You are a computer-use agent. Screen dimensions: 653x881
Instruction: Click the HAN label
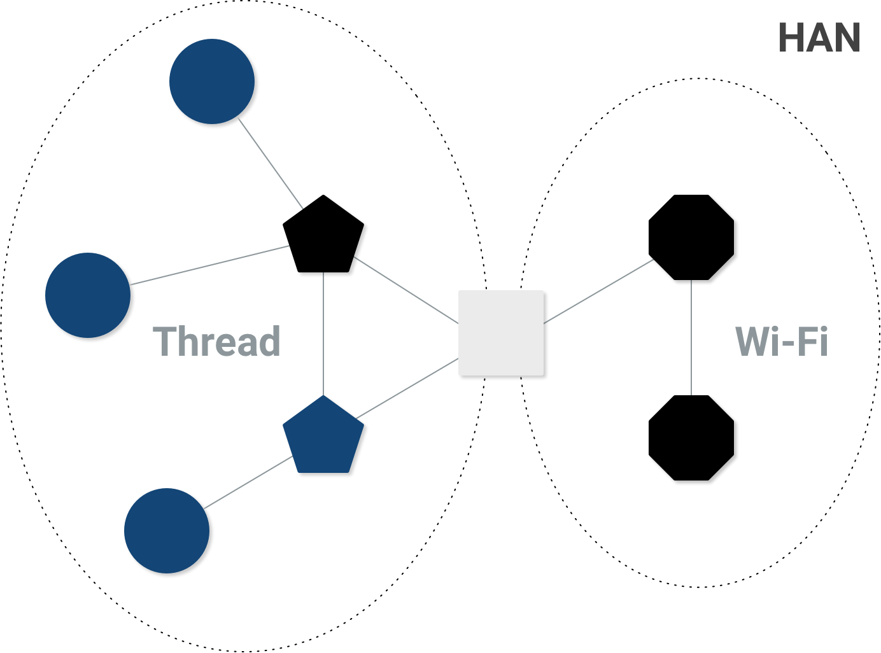point(819,38)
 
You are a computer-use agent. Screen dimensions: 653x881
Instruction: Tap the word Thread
point(216,341)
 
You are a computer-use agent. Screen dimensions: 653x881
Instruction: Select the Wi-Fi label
point(781,341)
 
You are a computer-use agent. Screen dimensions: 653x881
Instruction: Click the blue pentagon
point(323,437)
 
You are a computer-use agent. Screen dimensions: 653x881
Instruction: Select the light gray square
point(501,332)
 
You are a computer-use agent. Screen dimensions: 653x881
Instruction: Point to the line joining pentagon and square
point(407,389)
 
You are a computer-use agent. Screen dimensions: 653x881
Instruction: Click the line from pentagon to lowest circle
point(250,482)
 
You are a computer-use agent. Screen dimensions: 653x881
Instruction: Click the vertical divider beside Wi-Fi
point(691,337)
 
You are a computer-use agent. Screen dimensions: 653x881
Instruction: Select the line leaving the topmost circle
point(271,164)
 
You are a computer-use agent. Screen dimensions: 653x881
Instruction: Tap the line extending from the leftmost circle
point(211,264)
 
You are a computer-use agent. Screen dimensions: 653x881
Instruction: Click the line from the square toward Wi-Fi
point(598,291)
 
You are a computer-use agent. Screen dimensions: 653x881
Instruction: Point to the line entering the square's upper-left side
point(406,290)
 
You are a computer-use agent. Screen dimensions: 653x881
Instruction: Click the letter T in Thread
point(164,341)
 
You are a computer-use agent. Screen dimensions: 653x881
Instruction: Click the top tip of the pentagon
point(323,397)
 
